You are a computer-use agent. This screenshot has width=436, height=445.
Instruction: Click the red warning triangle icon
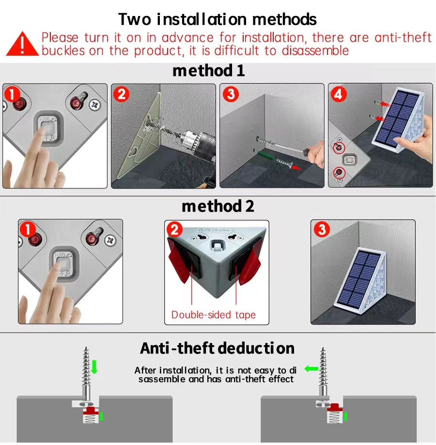click(22, 44)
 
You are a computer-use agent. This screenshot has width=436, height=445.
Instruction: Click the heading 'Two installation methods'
click(218, 19)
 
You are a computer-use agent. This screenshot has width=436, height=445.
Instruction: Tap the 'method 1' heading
click(208, 71)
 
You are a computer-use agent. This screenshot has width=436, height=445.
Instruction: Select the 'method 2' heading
click(218, 206)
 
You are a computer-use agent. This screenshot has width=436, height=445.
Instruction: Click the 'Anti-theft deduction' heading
click(217, 348)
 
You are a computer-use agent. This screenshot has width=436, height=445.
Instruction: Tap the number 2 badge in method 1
click(121, 94)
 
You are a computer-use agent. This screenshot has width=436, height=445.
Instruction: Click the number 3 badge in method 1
click(230, 94)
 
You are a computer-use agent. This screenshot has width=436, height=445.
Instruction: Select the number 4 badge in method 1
click(338, 94)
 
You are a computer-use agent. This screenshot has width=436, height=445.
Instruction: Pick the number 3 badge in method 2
click(322, 229)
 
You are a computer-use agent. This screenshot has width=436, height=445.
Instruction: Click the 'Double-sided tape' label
click(213, 315)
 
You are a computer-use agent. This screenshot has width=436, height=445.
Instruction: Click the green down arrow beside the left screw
click(94, 367)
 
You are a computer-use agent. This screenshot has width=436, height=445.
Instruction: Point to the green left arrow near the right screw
click(310, 369)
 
